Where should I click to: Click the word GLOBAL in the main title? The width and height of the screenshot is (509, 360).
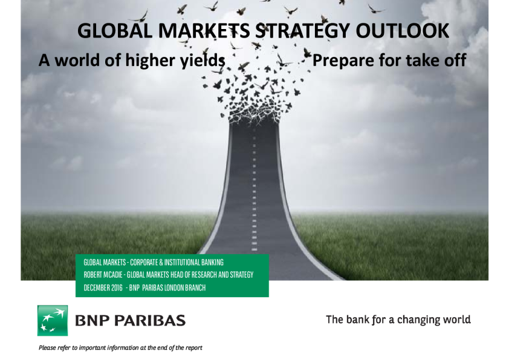point(115,31)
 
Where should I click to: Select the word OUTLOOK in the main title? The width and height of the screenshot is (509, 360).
point(403,31)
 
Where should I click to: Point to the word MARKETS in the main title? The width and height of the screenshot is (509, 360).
point(204,31)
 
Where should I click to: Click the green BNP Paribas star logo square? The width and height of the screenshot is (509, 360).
point(53,320)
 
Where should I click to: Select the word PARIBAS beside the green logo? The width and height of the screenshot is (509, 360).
point(150,320)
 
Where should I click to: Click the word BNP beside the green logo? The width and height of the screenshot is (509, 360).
point(92,320)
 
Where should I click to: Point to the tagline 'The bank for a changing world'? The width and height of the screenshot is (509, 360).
point(398,319)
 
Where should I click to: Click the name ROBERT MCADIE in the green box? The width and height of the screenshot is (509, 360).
point(103,275)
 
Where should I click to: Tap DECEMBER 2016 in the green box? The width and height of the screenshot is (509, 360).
point(103,287)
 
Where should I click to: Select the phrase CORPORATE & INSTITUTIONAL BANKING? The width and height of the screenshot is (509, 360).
point(177,262)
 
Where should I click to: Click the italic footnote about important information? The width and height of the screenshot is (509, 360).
point(120,348)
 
